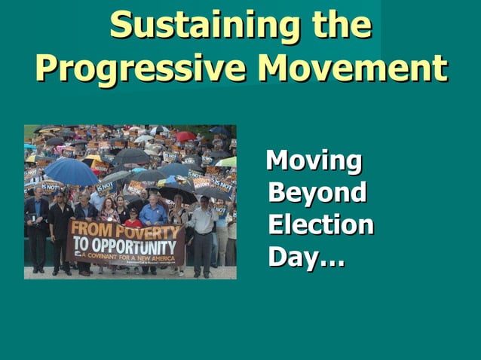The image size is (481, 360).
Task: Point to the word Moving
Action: (314, 161)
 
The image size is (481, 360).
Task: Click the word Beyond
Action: (317, 193)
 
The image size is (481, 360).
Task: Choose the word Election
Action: (320, 225)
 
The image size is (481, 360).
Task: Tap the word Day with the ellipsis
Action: (306, 258)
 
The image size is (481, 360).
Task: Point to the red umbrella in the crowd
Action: (185, 136)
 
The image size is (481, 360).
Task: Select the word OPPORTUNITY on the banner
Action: (136, 246)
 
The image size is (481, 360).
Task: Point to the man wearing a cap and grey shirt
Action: (203, 230)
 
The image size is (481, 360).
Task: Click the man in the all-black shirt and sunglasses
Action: (61, 226)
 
